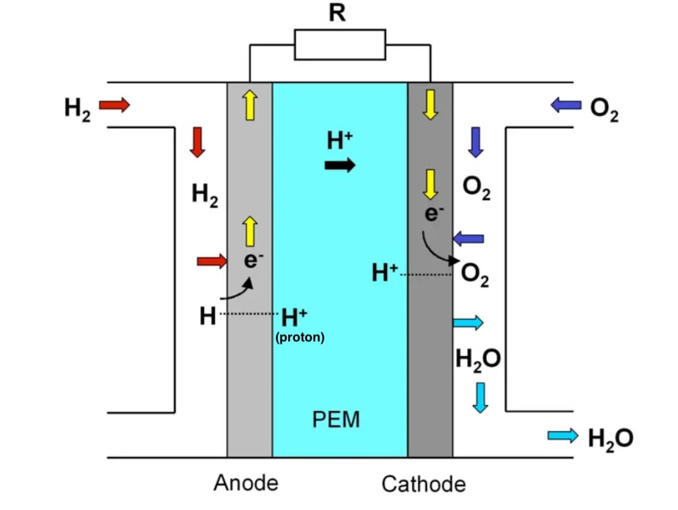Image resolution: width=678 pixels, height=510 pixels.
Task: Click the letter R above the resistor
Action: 338,13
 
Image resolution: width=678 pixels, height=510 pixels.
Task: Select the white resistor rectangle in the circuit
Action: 340,45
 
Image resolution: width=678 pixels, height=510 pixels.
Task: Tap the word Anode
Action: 246,483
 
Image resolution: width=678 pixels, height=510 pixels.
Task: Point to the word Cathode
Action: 424,484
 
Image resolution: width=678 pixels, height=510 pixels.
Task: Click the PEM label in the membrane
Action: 336,419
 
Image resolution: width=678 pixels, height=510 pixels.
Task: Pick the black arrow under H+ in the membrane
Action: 340,166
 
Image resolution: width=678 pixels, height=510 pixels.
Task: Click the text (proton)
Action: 299,337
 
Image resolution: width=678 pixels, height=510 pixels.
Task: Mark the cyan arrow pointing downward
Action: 480,397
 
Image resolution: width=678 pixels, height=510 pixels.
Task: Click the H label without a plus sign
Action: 208,316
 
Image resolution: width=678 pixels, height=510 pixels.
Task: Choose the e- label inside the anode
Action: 254,260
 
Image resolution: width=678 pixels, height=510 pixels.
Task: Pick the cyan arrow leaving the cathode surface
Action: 468,323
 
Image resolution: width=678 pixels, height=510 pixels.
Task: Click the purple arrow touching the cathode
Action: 468,239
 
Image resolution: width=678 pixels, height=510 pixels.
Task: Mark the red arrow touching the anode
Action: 212,260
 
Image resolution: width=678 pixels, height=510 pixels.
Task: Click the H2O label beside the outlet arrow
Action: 610,438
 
